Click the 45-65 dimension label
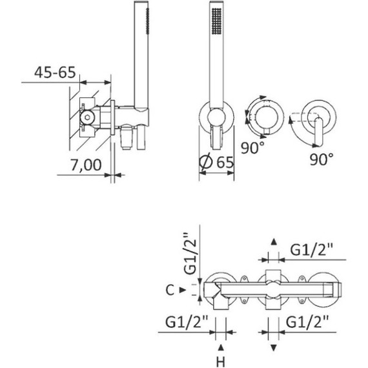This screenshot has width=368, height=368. (x=55, y=72)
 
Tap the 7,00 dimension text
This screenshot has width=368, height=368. (x=86, y=165)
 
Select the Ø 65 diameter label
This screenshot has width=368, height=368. (x=216, y=162)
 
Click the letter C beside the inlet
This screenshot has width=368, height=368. (x=170, y=290)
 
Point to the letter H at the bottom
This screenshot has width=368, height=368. (x=220, y=362)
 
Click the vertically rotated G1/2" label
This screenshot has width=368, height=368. (x=190, y=254)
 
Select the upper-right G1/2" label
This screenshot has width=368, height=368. (x=312, y=250)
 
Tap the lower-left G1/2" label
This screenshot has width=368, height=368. (x=187, y=322)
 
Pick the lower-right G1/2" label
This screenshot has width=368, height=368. (x=307, y=322)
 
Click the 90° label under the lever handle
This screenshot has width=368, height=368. (x=322, y=159)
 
